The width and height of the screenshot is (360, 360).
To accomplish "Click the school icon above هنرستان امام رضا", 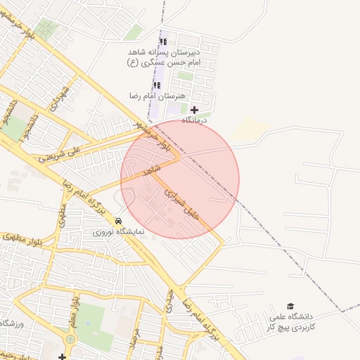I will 157,84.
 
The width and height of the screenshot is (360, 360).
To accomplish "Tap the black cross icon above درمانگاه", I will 195,110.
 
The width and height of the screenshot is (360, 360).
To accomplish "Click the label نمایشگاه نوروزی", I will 118,231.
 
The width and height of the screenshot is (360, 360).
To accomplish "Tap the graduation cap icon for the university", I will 291,306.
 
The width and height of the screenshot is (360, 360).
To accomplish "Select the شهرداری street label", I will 58,99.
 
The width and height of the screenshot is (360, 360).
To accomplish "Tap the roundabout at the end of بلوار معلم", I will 70,340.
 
